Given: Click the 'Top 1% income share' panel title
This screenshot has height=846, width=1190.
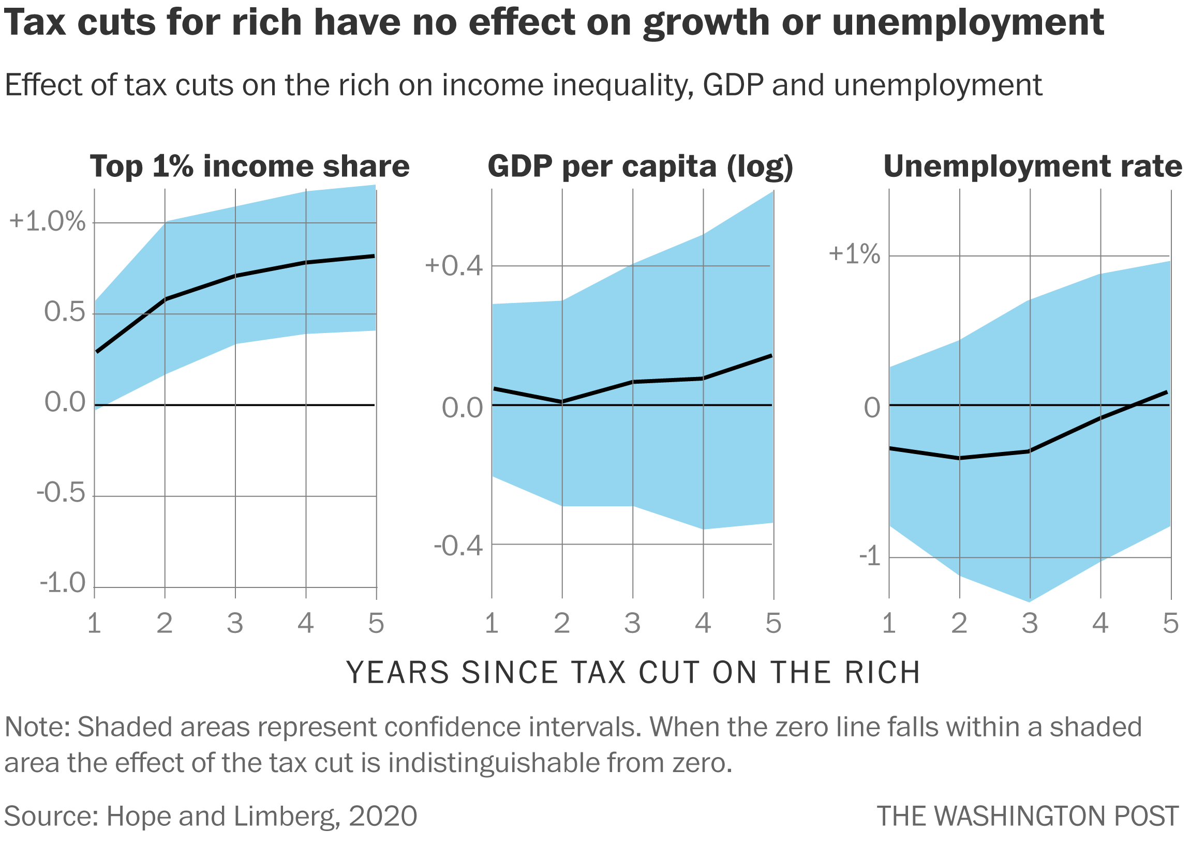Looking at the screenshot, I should (250, 167).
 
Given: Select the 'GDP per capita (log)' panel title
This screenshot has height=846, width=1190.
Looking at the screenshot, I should (640, 167).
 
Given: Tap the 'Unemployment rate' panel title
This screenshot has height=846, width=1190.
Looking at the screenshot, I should (1033, 167).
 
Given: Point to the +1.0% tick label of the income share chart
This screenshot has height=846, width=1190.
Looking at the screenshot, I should (48, 222).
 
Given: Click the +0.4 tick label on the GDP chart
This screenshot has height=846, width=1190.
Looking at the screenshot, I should (453, 266).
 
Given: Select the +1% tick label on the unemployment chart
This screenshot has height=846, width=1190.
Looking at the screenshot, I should (854, 254).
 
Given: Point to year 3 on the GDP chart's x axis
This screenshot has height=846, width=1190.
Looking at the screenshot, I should (632, 624).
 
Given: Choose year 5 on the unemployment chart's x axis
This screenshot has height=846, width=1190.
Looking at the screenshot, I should (1171, 624).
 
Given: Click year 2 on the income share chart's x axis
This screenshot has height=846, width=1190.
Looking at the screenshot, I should (165, 624).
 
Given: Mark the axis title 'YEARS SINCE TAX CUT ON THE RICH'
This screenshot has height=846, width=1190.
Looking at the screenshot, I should (633, 673).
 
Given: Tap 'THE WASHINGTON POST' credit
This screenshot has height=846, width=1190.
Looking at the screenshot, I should (1027, 817).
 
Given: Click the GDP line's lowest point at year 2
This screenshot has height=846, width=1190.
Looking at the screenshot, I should (562, 402).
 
